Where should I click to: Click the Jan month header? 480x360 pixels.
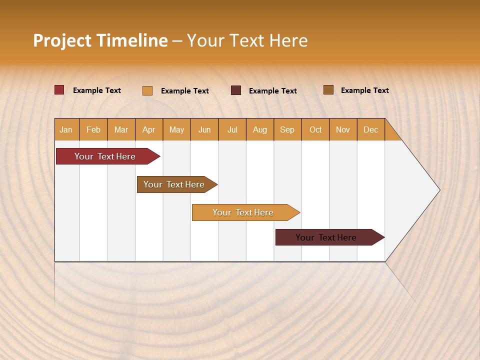pyautogui.click(x=66, y=129)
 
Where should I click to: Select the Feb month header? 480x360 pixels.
pyautogui.click(x=93, y=129)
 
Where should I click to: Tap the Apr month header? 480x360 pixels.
pyautogui.click(x=148, y=129)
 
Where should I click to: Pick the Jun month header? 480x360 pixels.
pyautogui.click(x=204, y=129)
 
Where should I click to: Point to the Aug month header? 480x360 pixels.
pyautogui.click(x=259, y=129)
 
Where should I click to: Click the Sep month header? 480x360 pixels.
pyautogui.click(x=287, y=129)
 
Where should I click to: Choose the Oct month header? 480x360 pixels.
pyautogui.click(x=315, y=129)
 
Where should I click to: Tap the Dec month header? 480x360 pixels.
pyautogui.click(x=370, y=129)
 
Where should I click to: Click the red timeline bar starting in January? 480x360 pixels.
pyautogui.click(x=105, y=156)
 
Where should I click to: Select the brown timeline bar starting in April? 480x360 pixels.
pyautogui.click(x=174, y=184)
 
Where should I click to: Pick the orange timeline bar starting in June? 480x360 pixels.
pyautogui.click(x=243, y=212)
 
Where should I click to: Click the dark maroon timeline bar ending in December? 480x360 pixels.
pyautogui.click(x=326, y=237)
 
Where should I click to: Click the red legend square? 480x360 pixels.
pyautogui.click(x=59, y=90)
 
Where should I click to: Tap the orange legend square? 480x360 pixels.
pyautogui.click(x=147, y=90)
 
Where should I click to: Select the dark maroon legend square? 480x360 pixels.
pyautogui.click(x=236, y=90)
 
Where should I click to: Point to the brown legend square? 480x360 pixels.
pyautogui.click(x=328, y=90)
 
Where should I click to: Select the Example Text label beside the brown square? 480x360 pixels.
pyautogui.click(x=364, y=90)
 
